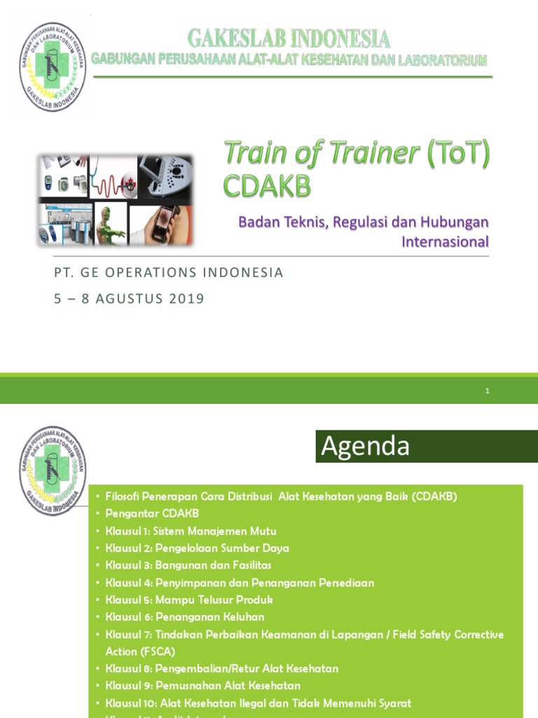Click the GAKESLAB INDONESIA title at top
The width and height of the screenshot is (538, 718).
[x=289, y=37]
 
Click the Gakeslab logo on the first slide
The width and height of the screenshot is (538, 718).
[x=53, y=67]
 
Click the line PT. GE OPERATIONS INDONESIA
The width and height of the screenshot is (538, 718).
[x=168, y=273]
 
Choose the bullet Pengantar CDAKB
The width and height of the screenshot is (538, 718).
[x=152, y=513]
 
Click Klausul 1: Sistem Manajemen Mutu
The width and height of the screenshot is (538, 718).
[x=183, y=531]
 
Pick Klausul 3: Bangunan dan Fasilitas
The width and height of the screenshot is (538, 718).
[x=188, y=565]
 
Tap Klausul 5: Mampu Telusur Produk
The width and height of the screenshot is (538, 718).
[x=188, y=600]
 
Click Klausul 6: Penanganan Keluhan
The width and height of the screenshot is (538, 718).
[x=184, y=617]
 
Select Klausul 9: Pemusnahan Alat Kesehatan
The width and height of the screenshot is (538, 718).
[x=202, y=686]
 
